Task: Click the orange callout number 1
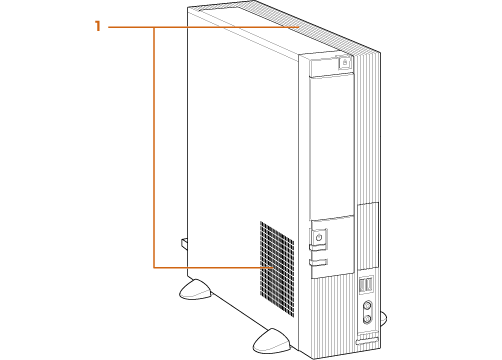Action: point(97,26)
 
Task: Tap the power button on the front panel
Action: point(319,238)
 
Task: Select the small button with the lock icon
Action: point(345,62)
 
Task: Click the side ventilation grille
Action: point(277,269)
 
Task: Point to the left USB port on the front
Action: point(362,285)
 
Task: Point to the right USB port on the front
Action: point(369,283)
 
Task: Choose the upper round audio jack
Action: point(367,305)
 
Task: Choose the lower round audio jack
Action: point(367,319)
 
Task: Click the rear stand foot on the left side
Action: point(195,290)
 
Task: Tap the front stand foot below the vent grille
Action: point(272,341)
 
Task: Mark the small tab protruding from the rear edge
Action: point(184,244)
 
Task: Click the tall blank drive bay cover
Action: point(332,147)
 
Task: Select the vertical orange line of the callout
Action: point(154,147)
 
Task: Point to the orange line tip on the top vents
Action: point(298,27)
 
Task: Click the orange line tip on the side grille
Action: point(272,267)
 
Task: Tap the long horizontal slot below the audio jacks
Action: point(367,341)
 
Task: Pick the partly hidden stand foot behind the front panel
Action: point(383,318)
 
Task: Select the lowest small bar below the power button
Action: point(318,262)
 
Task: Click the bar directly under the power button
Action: point(318,247)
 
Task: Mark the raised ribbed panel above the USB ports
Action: point(368,236)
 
